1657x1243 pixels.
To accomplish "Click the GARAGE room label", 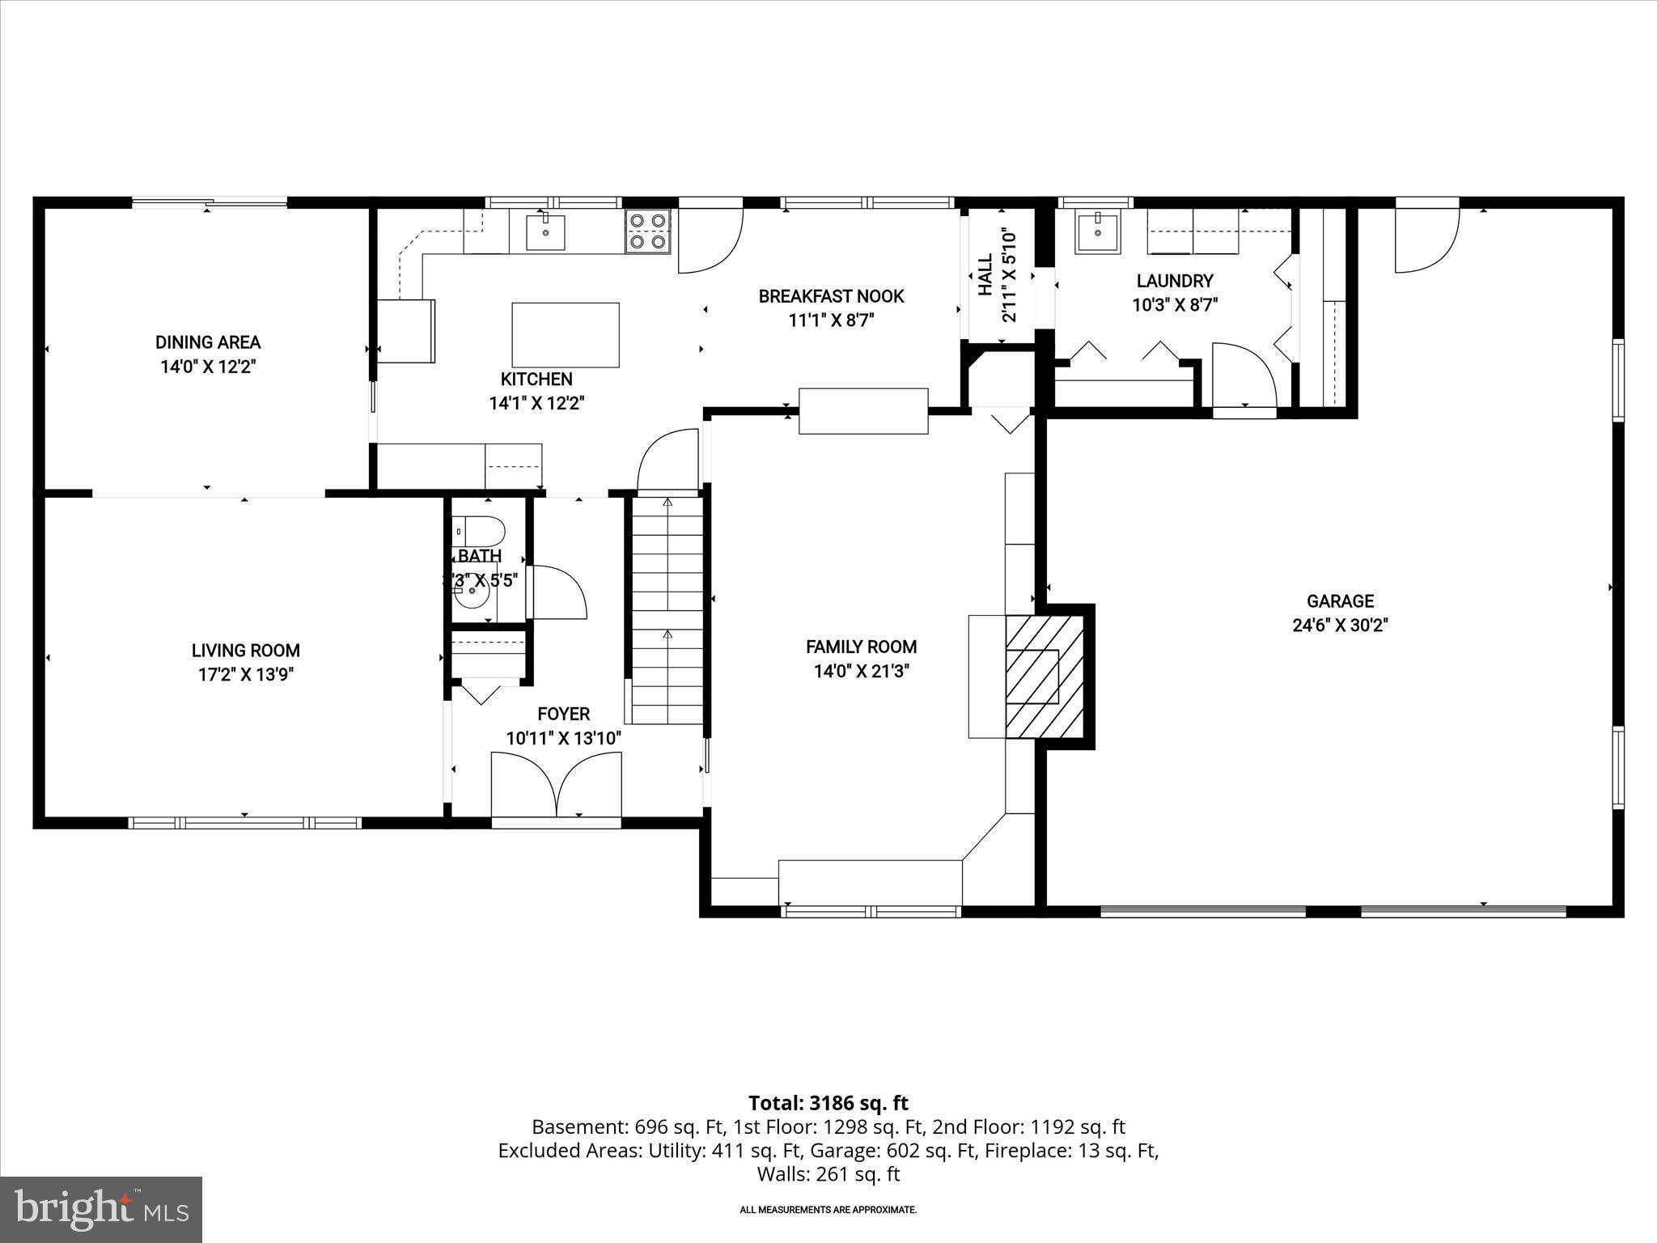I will [1340, 601].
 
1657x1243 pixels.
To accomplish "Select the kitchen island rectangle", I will [566, 335].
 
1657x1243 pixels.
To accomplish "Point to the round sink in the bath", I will [471, 600].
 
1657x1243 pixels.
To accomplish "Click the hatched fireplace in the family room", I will [1044, 676].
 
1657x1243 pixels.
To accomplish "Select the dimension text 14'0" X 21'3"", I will [861, 672].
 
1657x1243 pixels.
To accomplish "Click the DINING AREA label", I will [208, 342].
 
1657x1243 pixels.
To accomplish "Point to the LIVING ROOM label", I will [246, 651].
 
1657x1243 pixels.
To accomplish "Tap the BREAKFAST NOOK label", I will [831, 296].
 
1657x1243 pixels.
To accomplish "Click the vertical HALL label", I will [985, 275].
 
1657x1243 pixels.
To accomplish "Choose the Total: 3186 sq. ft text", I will [828, 1103].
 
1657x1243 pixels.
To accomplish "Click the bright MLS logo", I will [101, 1209].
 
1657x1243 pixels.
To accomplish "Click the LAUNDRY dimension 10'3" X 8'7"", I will [1175, 305].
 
